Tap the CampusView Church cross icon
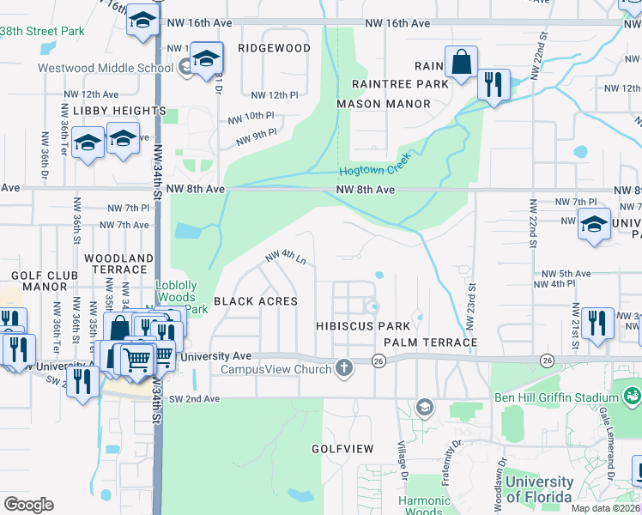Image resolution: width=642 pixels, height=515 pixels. pyautogui.click(x=344, y=369)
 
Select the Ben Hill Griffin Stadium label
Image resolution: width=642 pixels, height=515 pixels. pyautogui.click(x=556, y=398)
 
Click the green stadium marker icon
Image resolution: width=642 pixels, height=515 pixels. pyautogui.click(x=633, y=396)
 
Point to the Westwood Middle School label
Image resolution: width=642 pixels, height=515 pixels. pyautogui.click(x=106, y=68)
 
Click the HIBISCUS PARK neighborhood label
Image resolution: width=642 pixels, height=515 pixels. pyautogui.click(x=361, y=327)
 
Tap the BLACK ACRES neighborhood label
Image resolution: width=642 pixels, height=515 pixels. pyautogui.click(x=255, y=301)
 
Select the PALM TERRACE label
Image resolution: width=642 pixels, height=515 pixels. pyautogui.click(x=430, y=342)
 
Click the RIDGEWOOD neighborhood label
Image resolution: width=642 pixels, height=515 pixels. pyautogui.click(x=274, y=48)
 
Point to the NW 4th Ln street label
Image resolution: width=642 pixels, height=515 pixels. pyautogui.click(x=285, y=257)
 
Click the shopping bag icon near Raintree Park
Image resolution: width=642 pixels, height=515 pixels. pyautogui.click(x=462, y=63)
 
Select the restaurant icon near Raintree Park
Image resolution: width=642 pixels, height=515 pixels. pyautogui.click(x=493, y=84)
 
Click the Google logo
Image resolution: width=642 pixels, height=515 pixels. pyautogui.click(x=28, y=505)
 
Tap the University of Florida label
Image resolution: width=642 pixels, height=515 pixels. pyautogui.click(x=539, y=489)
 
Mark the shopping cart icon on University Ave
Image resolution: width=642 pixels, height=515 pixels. pyautogui.click(x=136, y=358)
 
